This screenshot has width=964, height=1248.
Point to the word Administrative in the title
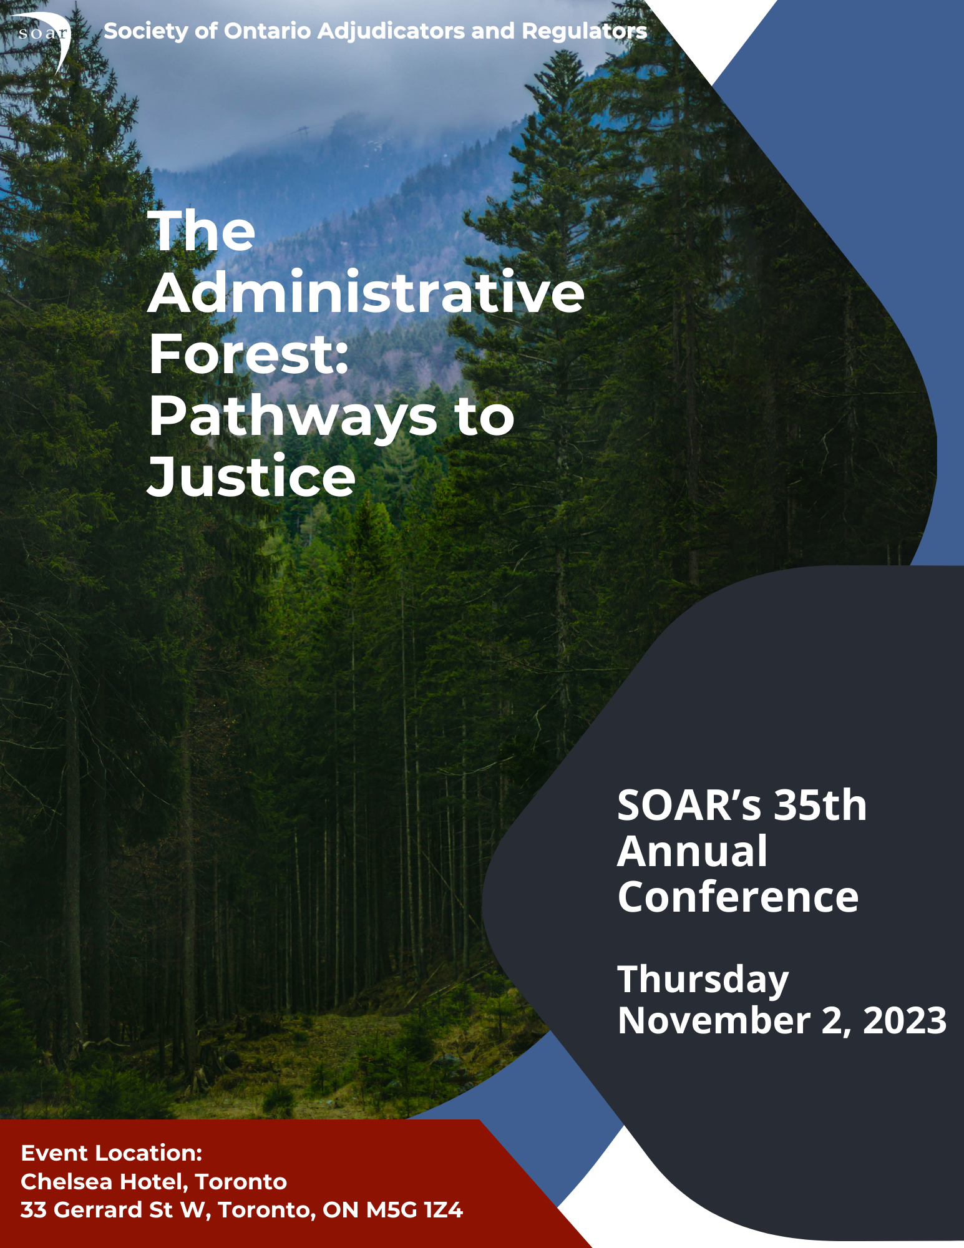tap(366, 292)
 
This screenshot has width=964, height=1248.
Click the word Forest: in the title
tap(248, 353)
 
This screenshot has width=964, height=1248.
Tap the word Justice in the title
tap(251, 475)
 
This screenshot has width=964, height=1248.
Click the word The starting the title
tap(202, 230)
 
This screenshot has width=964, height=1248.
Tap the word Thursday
tap(703, 980)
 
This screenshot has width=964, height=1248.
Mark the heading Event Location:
tap(112, 1153)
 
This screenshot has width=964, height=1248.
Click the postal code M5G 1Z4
tap(415, 1210)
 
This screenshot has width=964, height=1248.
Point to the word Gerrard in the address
tap(98, 1210)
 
